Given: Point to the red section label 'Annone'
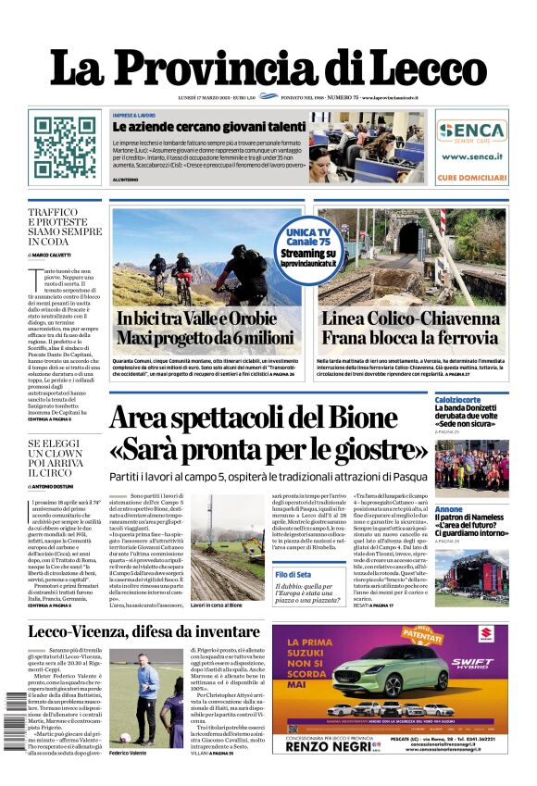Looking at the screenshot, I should (449, 509).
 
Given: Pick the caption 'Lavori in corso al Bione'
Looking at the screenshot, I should (217, 605).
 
